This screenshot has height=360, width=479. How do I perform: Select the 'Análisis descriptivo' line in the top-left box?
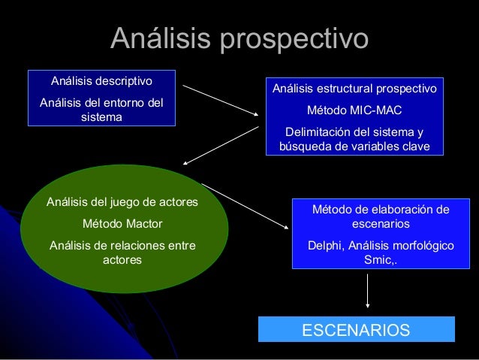coord(101,80)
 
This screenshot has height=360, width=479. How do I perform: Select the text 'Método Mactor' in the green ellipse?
coord(122,224)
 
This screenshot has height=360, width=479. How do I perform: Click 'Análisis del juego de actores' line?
coord(122,202)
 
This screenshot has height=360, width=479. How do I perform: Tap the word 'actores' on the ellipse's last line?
coord(122,260)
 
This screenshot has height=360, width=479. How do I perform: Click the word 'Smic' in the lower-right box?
coord(378,260)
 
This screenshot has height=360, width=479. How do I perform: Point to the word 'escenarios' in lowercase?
coord(381,224)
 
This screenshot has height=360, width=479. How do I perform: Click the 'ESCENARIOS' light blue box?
coord(356,330)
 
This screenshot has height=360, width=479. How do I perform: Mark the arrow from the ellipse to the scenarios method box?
coord(246,203)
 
